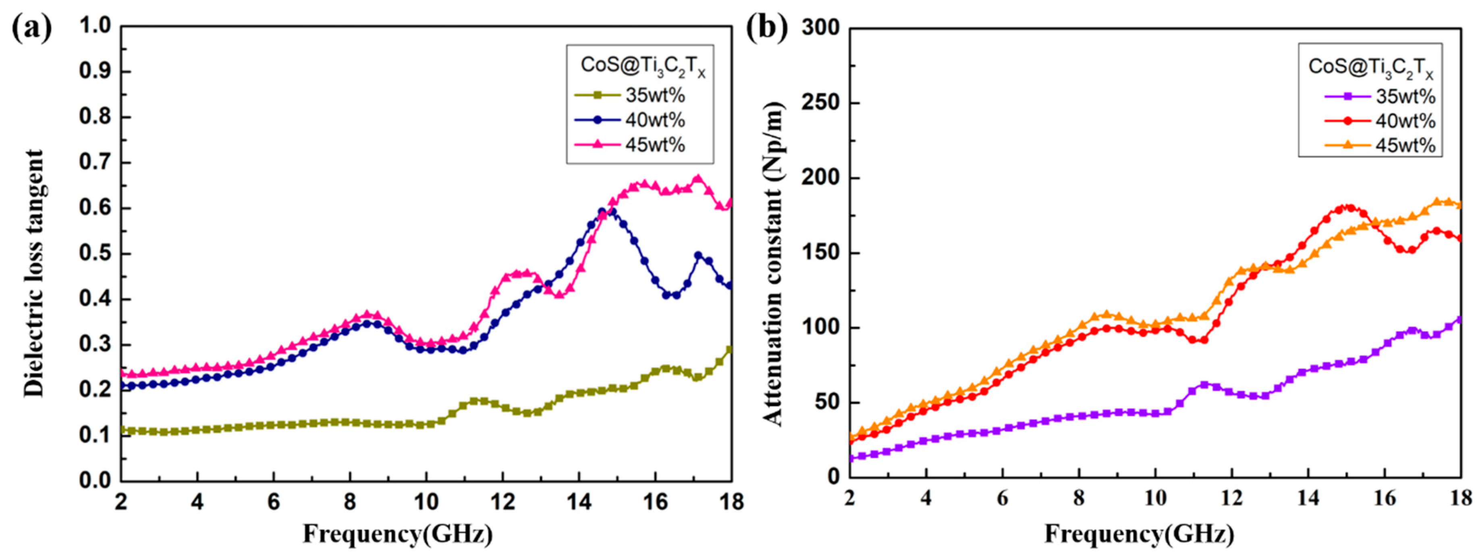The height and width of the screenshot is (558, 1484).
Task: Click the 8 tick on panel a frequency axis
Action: (350, 502)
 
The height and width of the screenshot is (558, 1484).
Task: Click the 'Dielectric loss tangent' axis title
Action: (33, 273)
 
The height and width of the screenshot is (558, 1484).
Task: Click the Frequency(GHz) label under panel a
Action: (398, 534)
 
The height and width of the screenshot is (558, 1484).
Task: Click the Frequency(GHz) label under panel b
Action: (1139, 534)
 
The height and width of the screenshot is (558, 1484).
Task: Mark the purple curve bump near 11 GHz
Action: (1204, 384)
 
